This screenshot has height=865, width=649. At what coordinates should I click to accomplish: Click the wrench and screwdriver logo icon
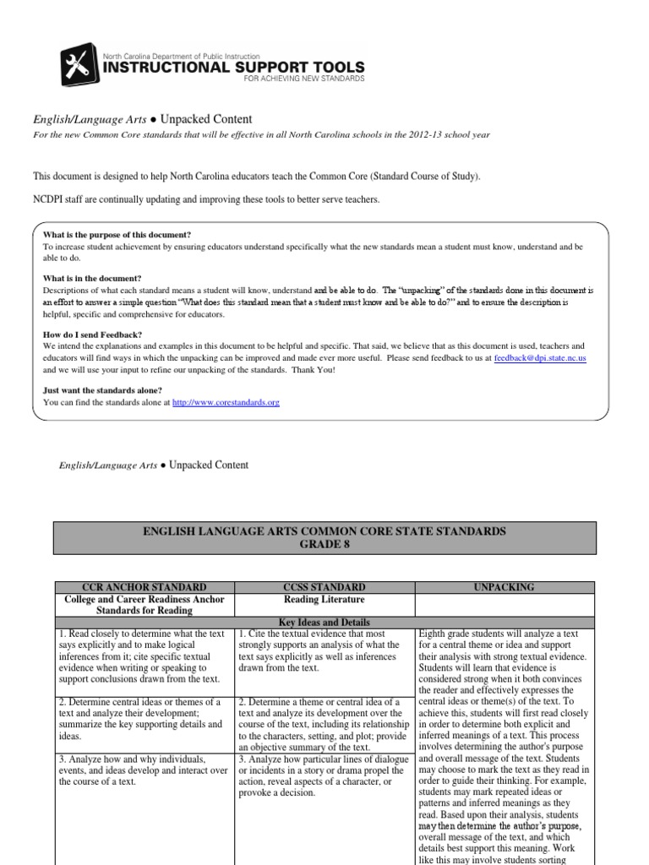point(80,67)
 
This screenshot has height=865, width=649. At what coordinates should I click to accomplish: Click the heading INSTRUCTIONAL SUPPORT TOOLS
point(233,67)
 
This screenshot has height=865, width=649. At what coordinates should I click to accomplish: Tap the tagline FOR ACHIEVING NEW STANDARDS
point(303,79)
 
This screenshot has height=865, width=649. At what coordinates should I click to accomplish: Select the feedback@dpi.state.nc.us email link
point(540,358)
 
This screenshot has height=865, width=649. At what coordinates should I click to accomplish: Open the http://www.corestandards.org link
point(226,403)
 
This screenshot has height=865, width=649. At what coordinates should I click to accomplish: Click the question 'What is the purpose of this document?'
point(117,234)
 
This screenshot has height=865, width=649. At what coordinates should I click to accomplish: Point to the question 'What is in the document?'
point(92,278)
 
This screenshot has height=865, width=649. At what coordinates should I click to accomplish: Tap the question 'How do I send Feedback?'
point(92,335)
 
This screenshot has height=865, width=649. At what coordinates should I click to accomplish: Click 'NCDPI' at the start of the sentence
point(50,199)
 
